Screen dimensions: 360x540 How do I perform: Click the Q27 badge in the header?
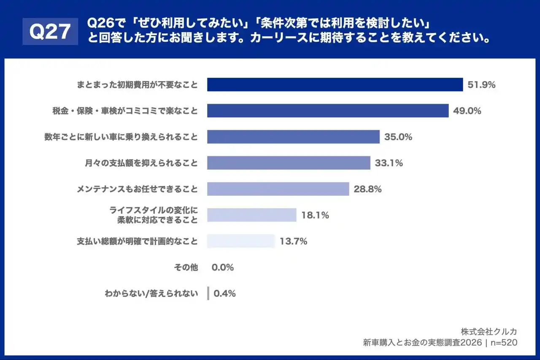click(x=50, y=31)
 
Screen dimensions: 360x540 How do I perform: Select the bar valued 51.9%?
click(x=335, y=84)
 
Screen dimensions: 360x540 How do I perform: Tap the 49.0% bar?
click(x=327, y=111)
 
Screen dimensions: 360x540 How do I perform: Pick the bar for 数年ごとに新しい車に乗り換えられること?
click(x=293, y=137)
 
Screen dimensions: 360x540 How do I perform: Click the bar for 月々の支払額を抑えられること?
click(x=289, y=163)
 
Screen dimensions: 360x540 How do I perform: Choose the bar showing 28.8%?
click(x=278, y=189)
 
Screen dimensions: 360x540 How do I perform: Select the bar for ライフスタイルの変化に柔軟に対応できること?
click(x=251, y=215)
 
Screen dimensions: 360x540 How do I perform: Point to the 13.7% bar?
click(x=241, y=241)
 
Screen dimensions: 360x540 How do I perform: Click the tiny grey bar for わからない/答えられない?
click(x=208, y=294)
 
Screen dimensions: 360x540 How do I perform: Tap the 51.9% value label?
click(x=481, y=85)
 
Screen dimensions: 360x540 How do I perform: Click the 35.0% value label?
click(x=398, y=137)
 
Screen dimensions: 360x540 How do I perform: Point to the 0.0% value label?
click(x=222, y=268)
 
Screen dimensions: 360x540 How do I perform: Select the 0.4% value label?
click(x=225, y=294)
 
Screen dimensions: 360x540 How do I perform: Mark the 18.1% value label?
click(x=315, y=216)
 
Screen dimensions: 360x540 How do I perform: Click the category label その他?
click(x=186, y=268)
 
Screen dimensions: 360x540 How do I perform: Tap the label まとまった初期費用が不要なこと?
click(x=137, y=85)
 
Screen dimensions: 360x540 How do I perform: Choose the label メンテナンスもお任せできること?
click(x=137, y=189)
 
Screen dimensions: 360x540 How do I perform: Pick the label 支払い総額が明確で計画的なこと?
click(x=137, y=241)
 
